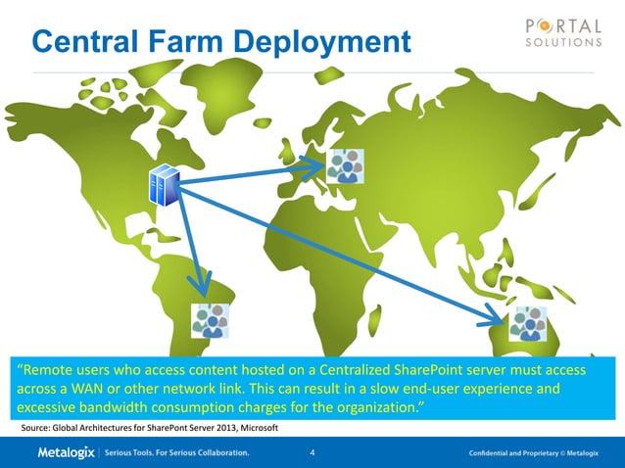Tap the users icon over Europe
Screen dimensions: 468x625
(x=345, y=166)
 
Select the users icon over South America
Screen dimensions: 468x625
(x=210, y=320)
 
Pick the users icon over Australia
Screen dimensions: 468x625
(x=528, y=323)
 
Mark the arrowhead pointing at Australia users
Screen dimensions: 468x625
(x=497, y=315)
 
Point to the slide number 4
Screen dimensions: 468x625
(x=312, y=453)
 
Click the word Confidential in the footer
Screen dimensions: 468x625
(x=495, y=454)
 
